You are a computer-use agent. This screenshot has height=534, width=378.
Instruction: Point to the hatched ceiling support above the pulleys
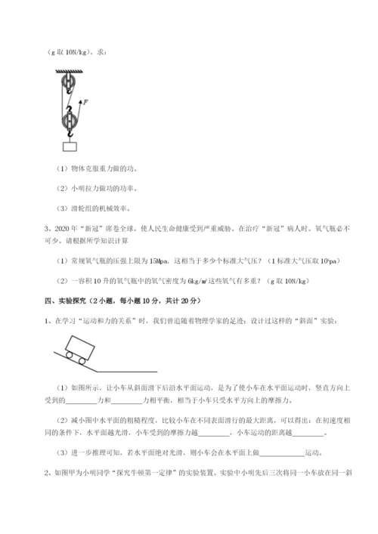coord(69,72)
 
